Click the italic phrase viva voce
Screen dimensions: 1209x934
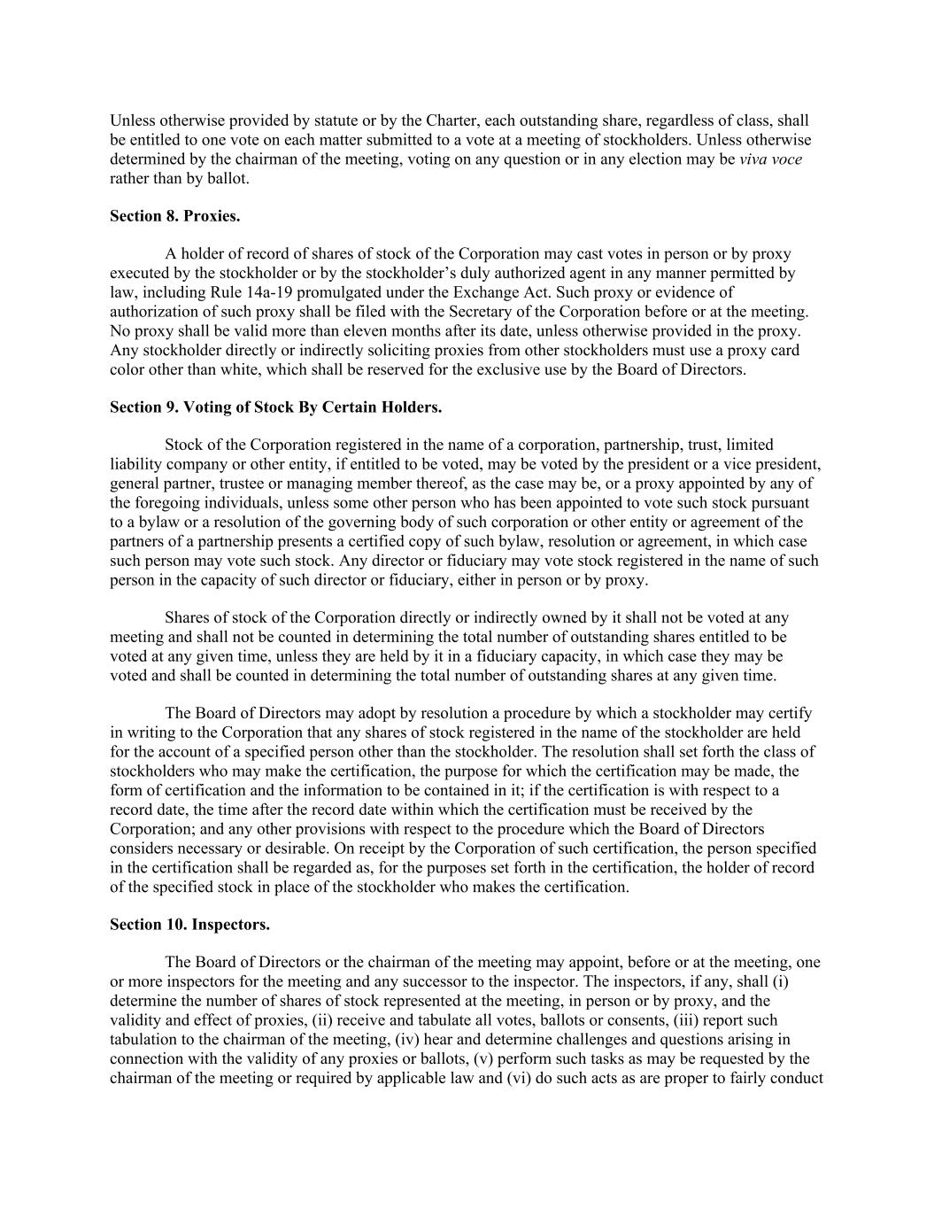pyautogui.click(x=770, y=159)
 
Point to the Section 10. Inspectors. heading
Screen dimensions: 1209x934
pyautogui.click(x=189, y=925)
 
